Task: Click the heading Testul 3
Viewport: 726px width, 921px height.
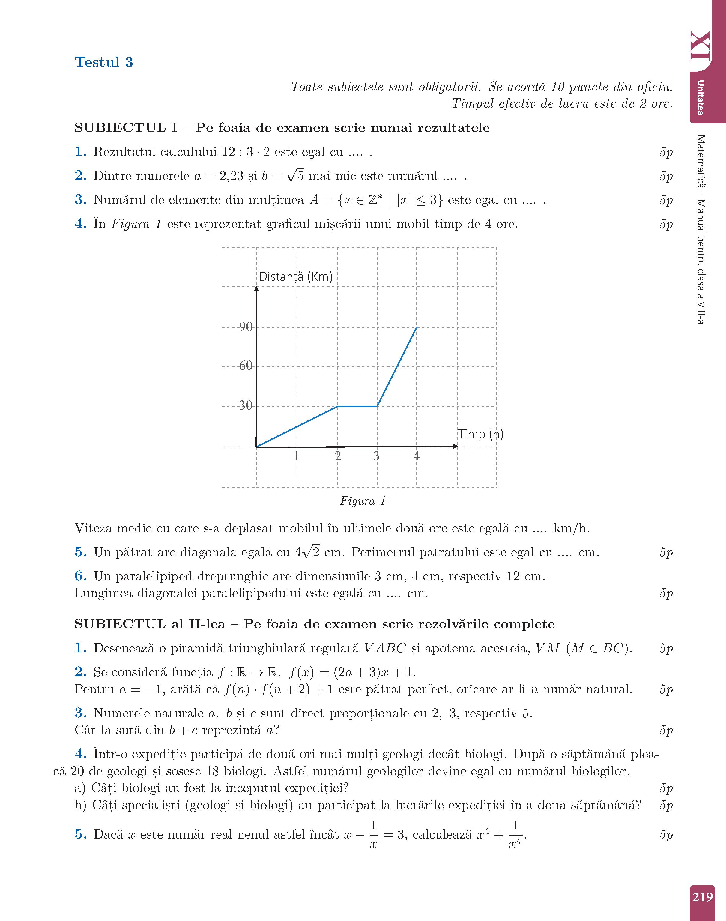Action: (x=104, y=62)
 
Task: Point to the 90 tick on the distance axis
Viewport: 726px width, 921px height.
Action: (x=246, y=327)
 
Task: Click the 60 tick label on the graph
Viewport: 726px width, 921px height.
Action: (x=246, y=366)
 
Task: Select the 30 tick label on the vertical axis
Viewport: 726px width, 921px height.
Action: (x=246, y=405)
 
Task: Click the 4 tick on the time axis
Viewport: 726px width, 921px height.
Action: (x=416, y=456)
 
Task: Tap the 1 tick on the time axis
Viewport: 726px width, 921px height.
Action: (x=296, y=456)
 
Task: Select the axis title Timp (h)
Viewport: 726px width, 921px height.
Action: (x=480, y=434)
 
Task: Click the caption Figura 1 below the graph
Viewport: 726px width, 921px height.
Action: (x=363, y=501)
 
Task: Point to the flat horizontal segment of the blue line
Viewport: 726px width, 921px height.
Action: (x=357, y=406)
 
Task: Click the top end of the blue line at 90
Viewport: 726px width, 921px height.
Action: (x=416, y=328)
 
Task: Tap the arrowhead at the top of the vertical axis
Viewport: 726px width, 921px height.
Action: (x=256, y=289)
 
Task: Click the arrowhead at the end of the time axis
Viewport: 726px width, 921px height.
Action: (x=456, y=446)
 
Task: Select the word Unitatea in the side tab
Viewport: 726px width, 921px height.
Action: (x=700, y=97)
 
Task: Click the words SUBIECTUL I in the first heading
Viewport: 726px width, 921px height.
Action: (x=126, y=128)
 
